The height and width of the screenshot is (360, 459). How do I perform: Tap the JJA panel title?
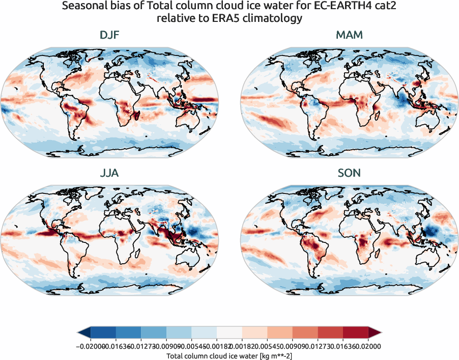click(x=109, y=173)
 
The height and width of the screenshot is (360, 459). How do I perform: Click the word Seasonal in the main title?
click(x=82, y=7)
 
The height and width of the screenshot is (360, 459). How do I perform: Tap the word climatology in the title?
click(x=277, y=19)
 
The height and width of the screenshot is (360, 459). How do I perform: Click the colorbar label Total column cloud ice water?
click(x=229, y=355)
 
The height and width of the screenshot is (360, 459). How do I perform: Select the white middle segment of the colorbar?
click(x=229, y=333)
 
